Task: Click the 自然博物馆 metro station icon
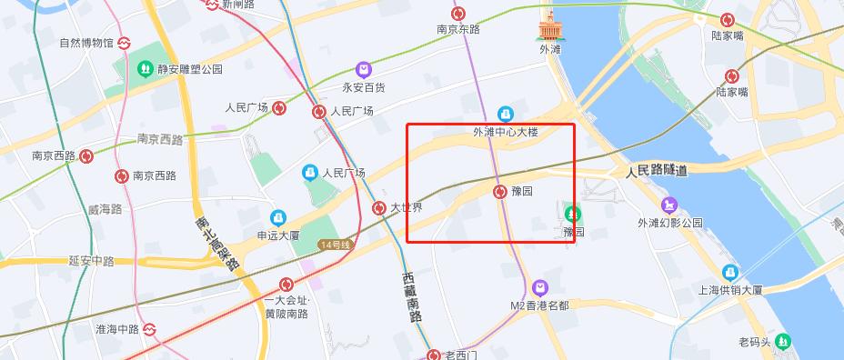123,42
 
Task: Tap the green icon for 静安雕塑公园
145,68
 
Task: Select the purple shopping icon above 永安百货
363,69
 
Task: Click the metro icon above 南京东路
459,14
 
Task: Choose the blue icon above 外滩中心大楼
506,114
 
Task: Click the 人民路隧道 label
657,171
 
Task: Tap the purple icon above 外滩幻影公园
670,205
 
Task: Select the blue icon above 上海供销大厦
730,272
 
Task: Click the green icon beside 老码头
783,341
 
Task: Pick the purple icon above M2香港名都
540,287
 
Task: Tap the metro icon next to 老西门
434,354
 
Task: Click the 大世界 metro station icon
379,207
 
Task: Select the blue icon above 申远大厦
276,218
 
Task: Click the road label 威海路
105,209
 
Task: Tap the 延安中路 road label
91,261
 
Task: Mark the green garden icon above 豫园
573,215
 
